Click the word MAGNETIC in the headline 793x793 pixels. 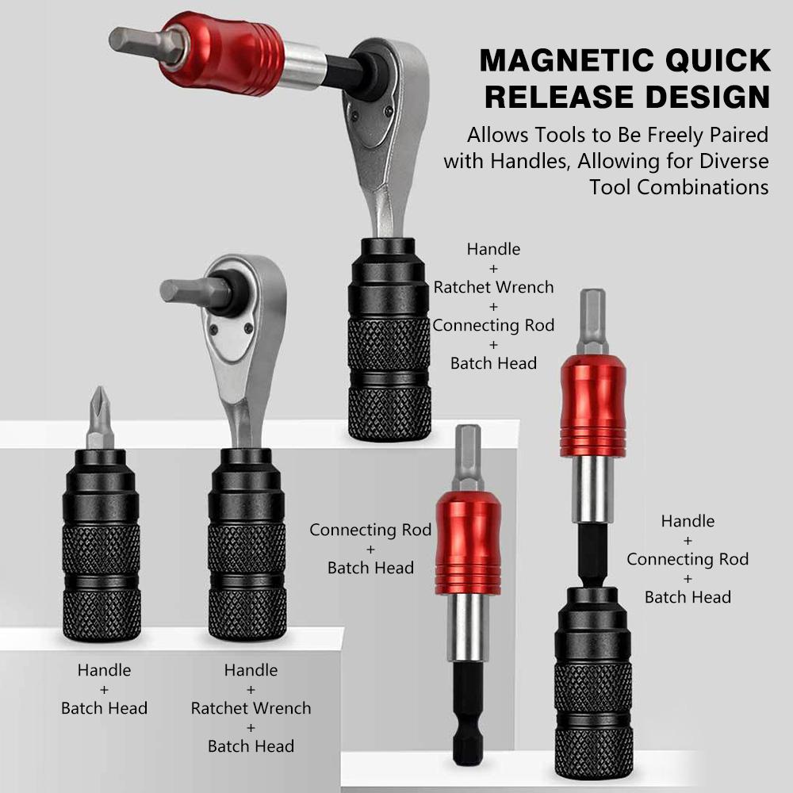click(x=555, y=61)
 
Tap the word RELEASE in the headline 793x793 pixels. click(x=559, y=97)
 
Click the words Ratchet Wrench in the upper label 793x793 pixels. click(x=493, y=287)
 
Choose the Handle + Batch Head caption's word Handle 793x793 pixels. click(x=104, y=671)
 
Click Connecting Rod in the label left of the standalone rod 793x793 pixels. click(x=370, y=530)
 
